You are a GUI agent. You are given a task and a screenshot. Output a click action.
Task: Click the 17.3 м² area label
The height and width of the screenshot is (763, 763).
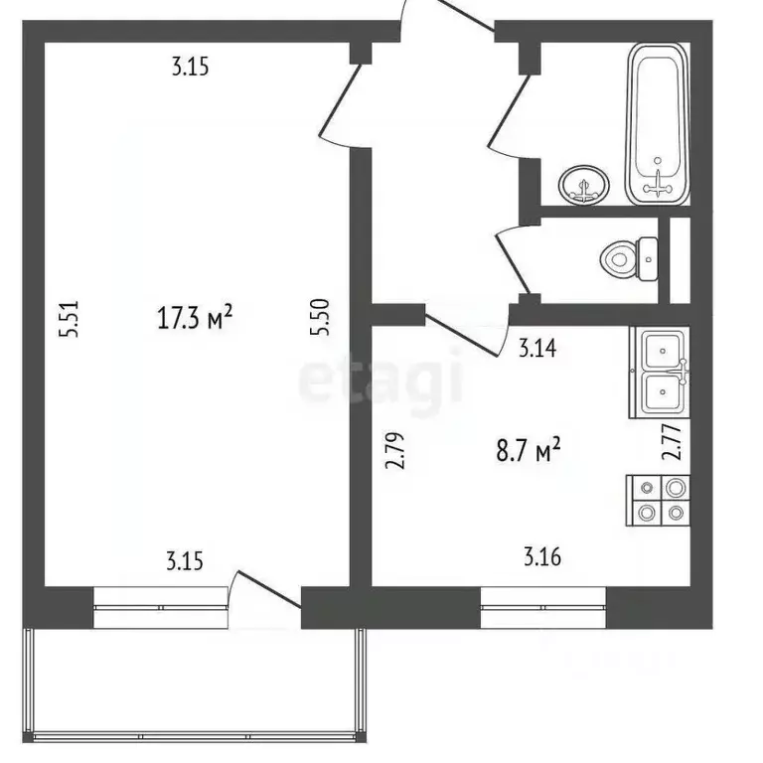click(x=195, y=318)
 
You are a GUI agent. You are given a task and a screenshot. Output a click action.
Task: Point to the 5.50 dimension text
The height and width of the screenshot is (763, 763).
click(x=319, y=321)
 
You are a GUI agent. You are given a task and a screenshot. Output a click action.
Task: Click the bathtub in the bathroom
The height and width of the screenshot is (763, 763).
click(x=657, y=126)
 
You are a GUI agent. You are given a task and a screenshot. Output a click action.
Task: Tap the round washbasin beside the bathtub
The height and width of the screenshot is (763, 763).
click(x=583, y=185)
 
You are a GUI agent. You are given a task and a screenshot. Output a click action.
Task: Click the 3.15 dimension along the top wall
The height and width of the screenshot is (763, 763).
click(x=193, y=69)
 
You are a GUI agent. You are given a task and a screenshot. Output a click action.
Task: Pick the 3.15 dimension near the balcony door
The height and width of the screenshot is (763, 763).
click(x=185, y=561)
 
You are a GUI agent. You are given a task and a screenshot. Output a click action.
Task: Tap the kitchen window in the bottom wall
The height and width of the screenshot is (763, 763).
click(x=543, y=606)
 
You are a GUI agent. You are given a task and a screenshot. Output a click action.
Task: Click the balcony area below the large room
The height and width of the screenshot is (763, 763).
click(x=197, y=685)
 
